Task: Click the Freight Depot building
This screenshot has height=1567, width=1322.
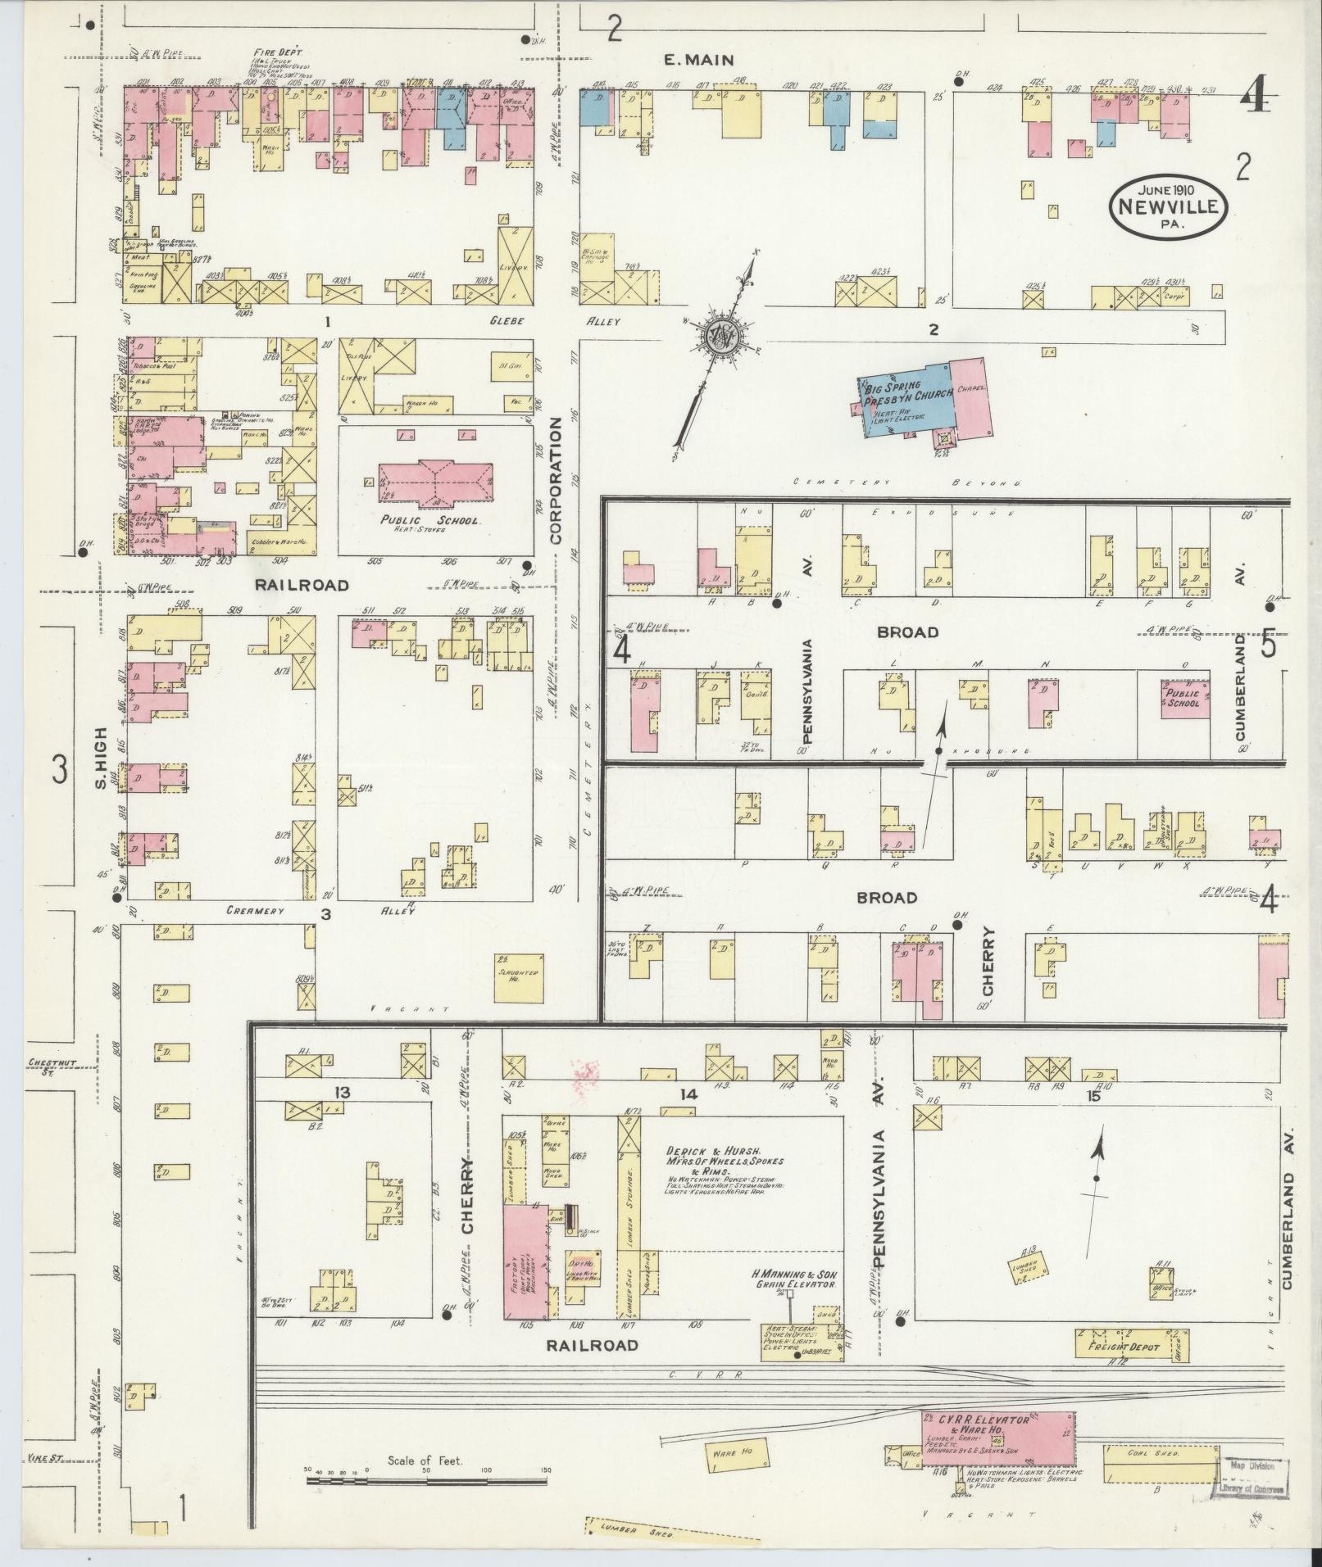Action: click(1120, 1344)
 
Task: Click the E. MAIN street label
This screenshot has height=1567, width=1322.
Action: click(697, 60)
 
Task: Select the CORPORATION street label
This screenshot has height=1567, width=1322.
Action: click(555, 482)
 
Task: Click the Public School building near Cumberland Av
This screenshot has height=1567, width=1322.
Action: click(1184, 699)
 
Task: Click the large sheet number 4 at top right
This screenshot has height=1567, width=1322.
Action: click(1255, 100)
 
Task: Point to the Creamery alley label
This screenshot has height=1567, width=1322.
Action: click(254, 911)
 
